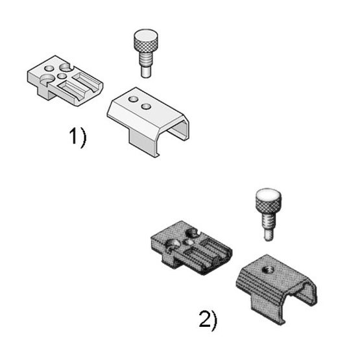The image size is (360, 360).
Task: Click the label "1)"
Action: pyautogui.click(x=77, y=138)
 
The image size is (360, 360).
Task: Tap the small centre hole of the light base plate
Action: pyautogui.click(x=63, y=77)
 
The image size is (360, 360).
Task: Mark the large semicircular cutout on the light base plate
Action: pyautogui.click(x=47, y=80)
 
